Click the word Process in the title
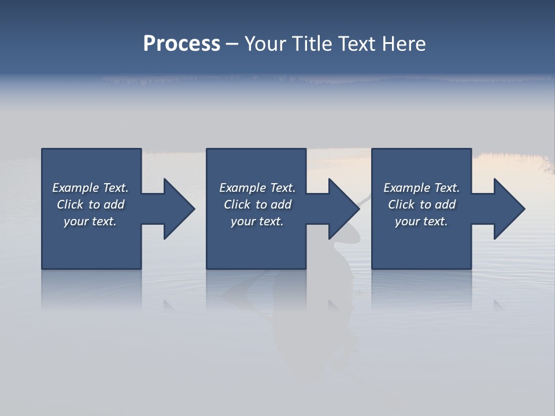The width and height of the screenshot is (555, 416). point(182,44)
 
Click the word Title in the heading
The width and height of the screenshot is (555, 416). point(313,44)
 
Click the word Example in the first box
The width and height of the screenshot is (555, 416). point(76,188)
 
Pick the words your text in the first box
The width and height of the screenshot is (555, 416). point(90,221)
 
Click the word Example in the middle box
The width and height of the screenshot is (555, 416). point(243,188)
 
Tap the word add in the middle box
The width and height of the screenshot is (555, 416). point(281,205)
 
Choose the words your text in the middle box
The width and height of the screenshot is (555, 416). point(257,221)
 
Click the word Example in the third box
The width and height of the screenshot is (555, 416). point(407,188)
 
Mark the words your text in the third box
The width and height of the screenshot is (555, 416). point(421,221)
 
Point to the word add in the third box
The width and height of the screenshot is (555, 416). point(445,205)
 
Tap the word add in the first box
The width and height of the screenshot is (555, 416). point(114,205)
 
